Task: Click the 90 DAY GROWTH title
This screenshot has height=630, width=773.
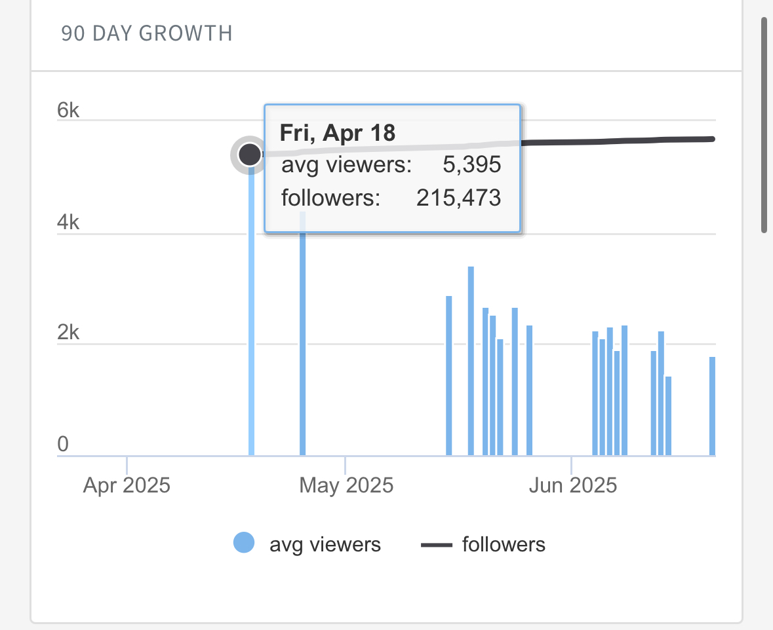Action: pyautogui.click(x=147, y=33)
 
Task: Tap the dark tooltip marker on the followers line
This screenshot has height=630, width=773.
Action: pyautogui.click(x=249, y=155)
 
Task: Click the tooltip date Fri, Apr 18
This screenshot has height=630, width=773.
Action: pyautogui.click(x=338, y=133)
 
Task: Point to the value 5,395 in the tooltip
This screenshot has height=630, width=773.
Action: pyautogui.click(x=471, y=164)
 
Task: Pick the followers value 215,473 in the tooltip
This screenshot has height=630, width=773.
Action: pyautogui.click(x=458, y=198)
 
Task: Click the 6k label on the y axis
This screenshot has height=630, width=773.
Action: pyautogui.click(x=68, y=111)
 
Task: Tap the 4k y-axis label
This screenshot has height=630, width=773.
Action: pyautogui.click(x=68, y=223)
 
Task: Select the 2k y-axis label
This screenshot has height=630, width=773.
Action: pyautogui.click(x=68, y=333)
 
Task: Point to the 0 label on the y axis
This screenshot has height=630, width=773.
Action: pyautogui.click(x=63, y=445)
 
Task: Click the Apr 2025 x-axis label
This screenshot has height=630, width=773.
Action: pyautogui.click(x=127, y=486)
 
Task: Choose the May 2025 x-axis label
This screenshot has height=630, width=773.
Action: pyautogui.click(x=346, y=486)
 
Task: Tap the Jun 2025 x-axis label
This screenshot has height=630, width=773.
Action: pyautogui.click(x=573, y=486)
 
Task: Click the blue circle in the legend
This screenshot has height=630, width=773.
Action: pyautogui.click(x=244, y=544)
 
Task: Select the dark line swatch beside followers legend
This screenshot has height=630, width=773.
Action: pyautogui.click(x=436, y=544)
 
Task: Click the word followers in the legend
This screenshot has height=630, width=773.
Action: pyautogui.click(x=504, y=544)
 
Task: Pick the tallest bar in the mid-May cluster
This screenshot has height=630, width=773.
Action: pyautogui.click(x=471, y=360)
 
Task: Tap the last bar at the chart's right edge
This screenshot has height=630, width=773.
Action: pyautogui.click(x=712, y=406)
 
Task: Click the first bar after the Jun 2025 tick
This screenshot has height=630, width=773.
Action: pyautogui.click(x=595, y=393)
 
